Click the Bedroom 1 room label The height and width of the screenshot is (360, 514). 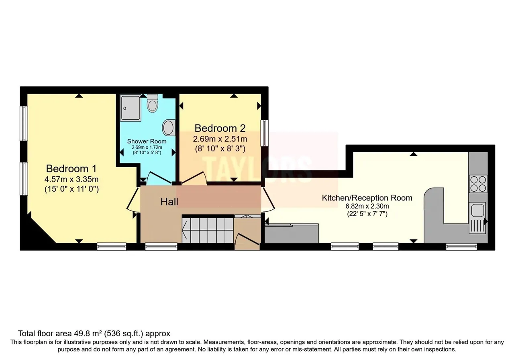pos(71,168)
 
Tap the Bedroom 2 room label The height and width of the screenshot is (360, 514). pos(220,128)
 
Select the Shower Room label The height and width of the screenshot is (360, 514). pos(147,141)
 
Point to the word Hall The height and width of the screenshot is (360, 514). pos(169,202)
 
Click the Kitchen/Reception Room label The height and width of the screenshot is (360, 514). pos(367,198)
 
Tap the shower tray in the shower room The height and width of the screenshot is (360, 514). pos(131,108)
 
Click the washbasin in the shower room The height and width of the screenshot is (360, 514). pos(169,128)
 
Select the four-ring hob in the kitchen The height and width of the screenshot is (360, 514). pos(478,184)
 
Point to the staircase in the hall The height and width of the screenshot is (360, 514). pos(208,230)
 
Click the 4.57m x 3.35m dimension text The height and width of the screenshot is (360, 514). pos(71,179)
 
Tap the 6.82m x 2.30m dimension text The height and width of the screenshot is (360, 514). pos(367,206)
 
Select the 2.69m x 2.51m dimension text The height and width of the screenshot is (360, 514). pos(220,139)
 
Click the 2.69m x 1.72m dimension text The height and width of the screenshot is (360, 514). pos(147,147)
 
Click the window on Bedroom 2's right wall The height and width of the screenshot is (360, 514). pos(265,133)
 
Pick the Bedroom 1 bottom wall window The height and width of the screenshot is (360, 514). pos(112,247)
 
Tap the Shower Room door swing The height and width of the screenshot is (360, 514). pos(159,178)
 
